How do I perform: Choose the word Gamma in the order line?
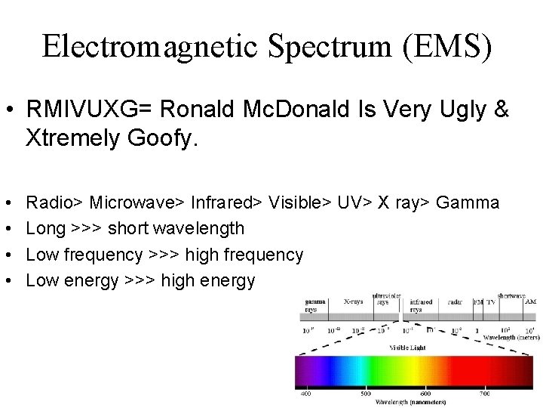[x=468, y=202]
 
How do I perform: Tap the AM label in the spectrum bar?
[x=530, y=301]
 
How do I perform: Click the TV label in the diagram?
[x=491, y=301]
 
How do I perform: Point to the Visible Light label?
[x=407, y=348]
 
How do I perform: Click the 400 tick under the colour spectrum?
[x=306, y=394]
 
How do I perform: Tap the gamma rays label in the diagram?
[x=314, y=305]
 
